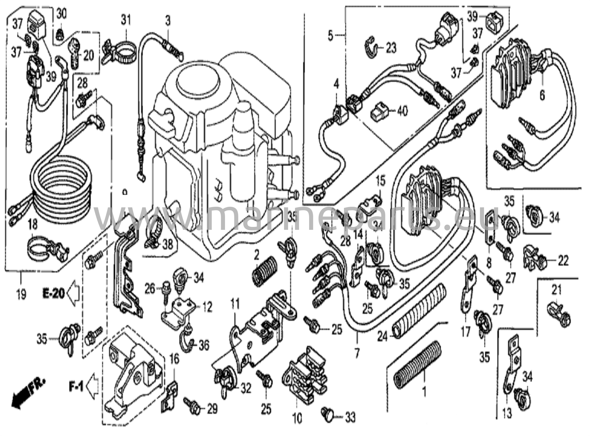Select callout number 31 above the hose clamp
[125, 20]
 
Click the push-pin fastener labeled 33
[328, 414]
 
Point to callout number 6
[542, 95]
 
